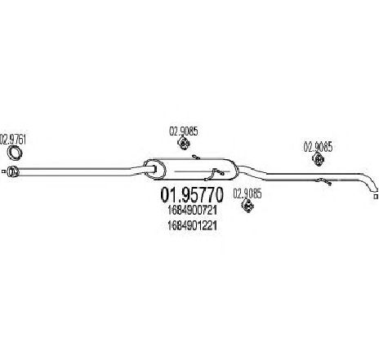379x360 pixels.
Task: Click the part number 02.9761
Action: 13,139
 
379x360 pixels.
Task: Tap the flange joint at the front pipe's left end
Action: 12,171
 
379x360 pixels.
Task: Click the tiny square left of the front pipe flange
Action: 3,171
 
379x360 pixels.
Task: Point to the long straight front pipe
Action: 74,171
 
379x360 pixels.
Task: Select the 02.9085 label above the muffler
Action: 184,131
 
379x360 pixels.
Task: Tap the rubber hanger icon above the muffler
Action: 184,143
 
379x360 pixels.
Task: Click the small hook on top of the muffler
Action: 196,157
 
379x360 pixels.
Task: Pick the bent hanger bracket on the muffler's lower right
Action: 214,174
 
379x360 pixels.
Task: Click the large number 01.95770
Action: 192,195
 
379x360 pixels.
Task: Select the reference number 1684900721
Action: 193,210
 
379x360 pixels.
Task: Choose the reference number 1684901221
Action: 193,225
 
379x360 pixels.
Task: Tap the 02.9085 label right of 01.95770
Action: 247,193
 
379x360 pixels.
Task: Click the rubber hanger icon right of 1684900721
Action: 247,206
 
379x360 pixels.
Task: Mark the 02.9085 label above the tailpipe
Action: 318,147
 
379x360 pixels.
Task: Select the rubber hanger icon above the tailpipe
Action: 318,159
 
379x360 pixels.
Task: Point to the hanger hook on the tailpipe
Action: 324,181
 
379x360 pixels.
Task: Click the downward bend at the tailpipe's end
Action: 371,182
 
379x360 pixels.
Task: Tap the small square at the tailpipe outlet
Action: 376,197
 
